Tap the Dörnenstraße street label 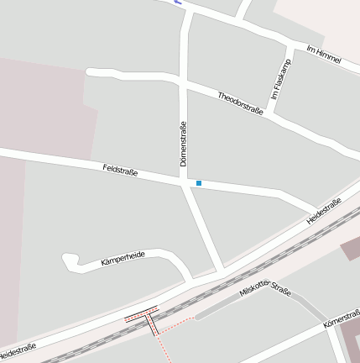182,144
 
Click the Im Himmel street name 324,57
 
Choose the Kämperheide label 123,259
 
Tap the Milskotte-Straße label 265,292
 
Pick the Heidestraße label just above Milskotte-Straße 323,211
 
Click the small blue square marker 199,183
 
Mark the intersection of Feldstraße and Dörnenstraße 184,181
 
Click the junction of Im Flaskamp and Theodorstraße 269,112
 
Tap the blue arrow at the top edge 178,3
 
